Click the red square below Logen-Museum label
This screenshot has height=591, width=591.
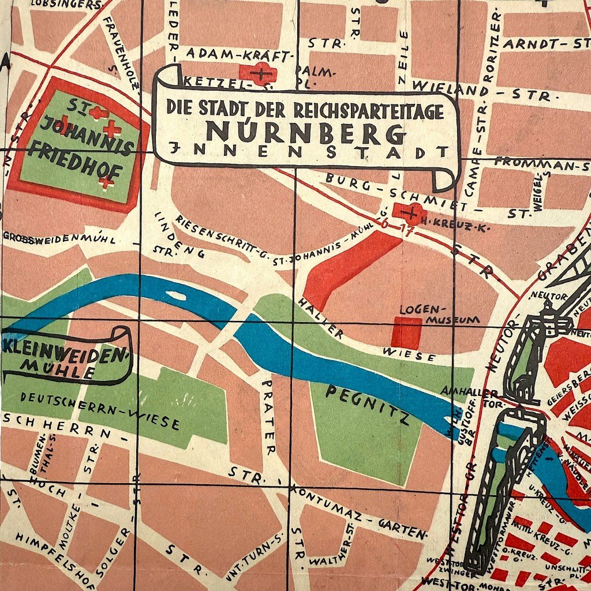407,333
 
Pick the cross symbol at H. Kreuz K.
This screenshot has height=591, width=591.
411,213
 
